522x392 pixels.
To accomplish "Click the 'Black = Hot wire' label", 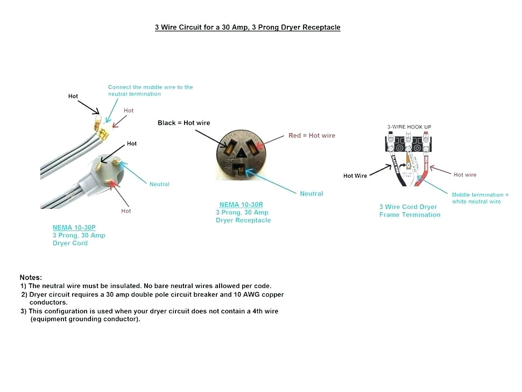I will pos(184,123).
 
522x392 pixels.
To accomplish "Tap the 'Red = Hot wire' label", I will pos(312,135).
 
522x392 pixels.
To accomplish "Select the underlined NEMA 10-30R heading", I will pos(241,205).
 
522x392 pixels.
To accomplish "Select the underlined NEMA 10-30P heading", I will pos(74,228).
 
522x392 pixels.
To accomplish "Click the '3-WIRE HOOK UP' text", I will pos(409,127).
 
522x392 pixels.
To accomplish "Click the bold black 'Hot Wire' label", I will pos(355,176).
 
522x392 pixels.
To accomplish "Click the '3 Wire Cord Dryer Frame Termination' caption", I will pos(409,211).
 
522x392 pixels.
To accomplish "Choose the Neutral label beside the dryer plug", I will pos(159,184).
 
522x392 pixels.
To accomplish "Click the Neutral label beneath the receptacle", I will pos(311,193).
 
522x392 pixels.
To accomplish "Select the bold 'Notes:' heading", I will pos(31,277).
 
